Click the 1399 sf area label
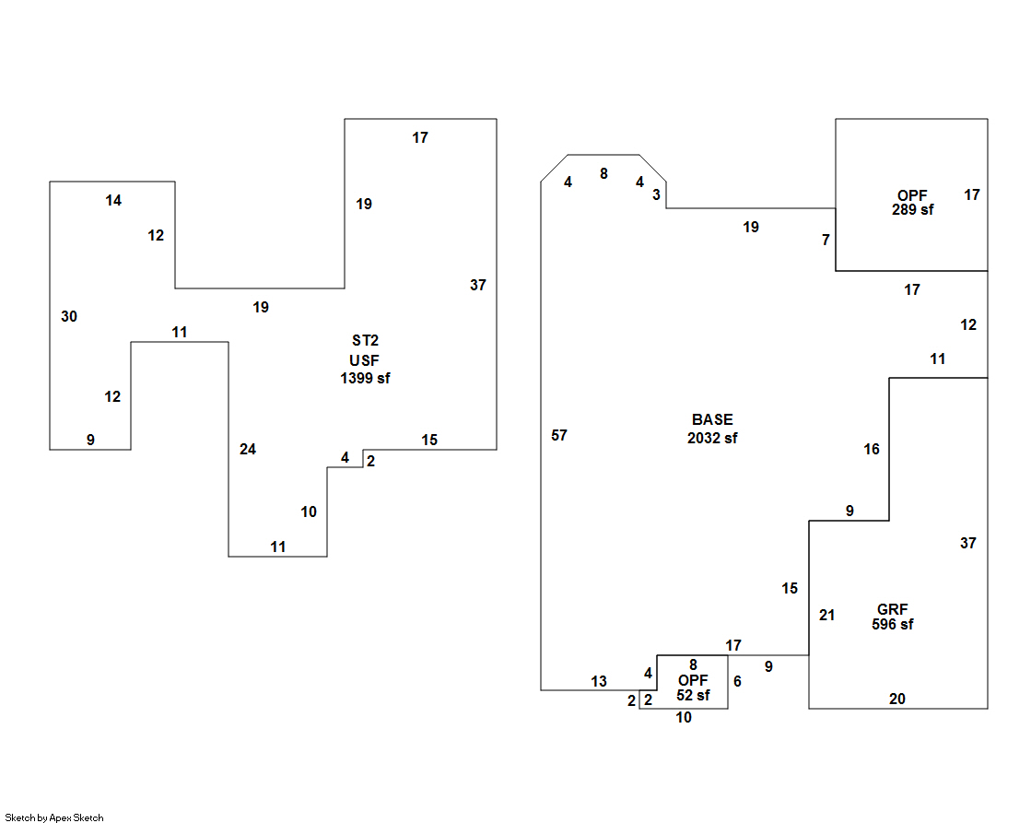(365, 378)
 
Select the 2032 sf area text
(712, 438)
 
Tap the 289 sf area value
(912, 209)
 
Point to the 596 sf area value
(893, 624)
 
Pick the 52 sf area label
(693, 695)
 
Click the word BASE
(712, 419)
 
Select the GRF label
(893, 609)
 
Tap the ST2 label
(365, 341)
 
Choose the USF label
(365, 359)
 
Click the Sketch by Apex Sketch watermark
(54, 817)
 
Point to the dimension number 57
(559, 435)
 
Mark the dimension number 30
(69, 316)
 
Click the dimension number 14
(113, 200)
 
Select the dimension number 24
(248, 449)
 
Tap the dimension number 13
(599, 681)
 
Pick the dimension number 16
(872, 449)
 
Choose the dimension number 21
(826, 615)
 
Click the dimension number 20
(896, 699)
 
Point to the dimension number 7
(826, 240)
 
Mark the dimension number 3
(656, 194)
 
